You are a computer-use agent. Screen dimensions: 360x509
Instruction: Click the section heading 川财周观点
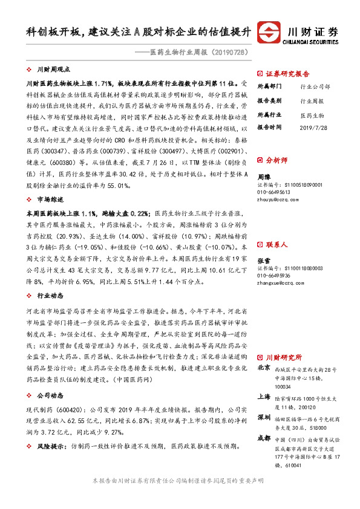coord(53,70)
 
